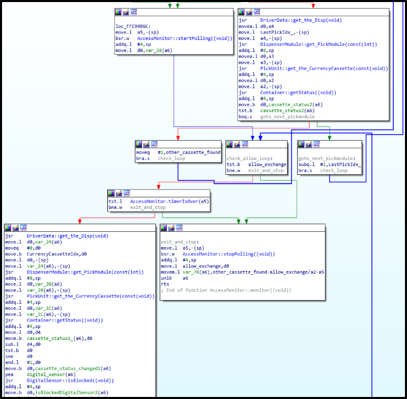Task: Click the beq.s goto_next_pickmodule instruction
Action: [x=274, y=116]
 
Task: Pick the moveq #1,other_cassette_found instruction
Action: [x=178, y=153]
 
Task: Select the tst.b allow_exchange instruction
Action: [x=256, y=164]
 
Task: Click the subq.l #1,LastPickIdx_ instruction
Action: [x=330, y=164]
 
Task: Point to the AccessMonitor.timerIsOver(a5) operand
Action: [x=169, y=202]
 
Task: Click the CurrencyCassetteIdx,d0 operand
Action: [x=56, y=253]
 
